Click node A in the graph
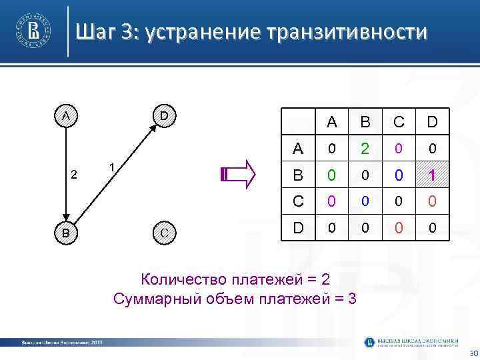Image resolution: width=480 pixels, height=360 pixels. [x=65, y=115]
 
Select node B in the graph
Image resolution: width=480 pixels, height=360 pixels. [x=65, y=233]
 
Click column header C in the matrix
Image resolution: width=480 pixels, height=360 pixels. [x=397, y=122]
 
